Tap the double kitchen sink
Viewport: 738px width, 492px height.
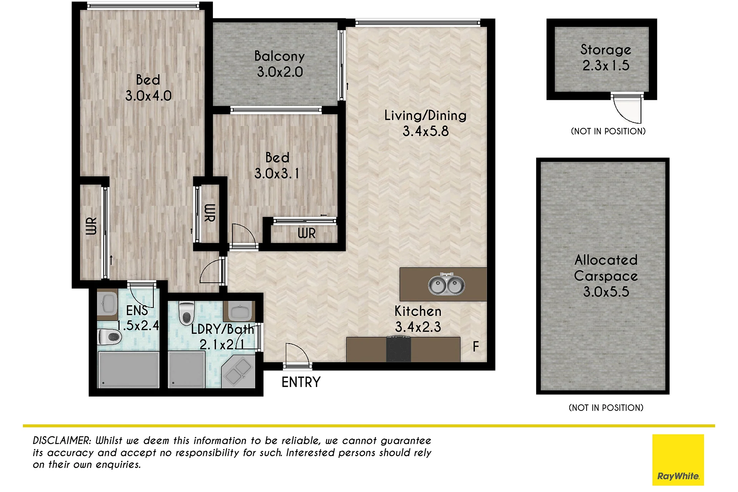446,284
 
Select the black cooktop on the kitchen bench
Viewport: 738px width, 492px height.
398,349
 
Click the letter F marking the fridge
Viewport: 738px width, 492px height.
476,347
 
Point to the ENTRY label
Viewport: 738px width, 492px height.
301,382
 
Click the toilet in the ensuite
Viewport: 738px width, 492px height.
110,337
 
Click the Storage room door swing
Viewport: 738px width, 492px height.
627,109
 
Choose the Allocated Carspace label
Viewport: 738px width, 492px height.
606,268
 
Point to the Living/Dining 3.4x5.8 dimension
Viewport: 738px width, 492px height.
426,131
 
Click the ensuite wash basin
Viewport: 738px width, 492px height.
107,304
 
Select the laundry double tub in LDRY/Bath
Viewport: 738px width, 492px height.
238,371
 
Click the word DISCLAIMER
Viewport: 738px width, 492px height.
62,440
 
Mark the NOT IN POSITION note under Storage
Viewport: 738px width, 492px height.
608,131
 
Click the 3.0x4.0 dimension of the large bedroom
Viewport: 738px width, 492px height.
148,96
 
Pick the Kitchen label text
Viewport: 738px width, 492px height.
418,311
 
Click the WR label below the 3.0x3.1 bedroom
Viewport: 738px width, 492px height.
306,233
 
